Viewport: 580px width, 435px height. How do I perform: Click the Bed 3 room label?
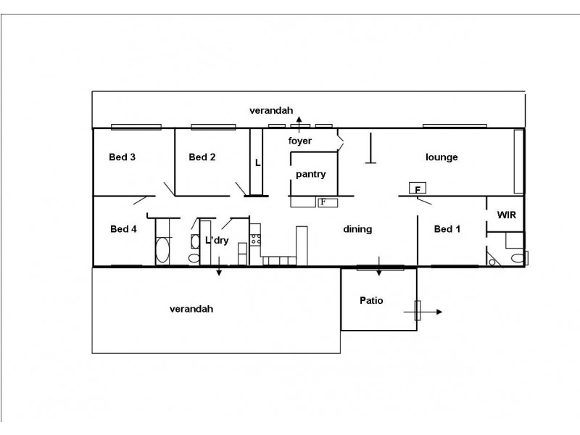(x=123, y=157)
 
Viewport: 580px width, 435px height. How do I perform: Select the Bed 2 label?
(x=202, y=157)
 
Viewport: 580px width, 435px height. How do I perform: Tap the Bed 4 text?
(x=123, y=229)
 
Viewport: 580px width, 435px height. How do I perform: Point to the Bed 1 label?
(x=447, y=229)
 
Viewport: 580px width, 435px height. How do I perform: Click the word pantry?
(x=311, y=174)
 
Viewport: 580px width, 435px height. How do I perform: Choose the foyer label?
(x=300, y=141)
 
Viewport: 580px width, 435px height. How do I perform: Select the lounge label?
(x=442, y=157)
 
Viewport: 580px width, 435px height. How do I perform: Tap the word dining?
(x=357, y=229)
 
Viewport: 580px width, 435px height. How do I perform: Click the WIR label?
(x=506, y=215)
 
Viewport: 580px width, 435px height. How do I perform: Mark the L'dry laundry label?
(x=217, y=241)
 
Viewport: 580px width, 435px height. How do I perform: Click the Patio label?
(x=371, y=299)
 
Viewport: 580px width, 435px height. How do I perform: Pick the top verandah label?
(x=271, y=111)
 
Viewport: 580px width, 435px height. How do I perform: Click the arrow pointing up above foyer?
(x=299, y=120)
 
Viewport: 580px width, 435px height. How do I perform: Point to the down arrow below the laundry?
(x=218, y=271)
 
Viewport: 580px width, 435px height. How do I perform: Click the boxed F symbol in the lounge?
(x=417, y=188)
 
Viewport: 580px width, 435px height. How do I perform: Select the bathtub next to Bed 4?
(x=162, y=252)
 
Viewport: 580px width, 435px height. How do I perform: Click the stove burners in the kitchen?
(x=255, y=236)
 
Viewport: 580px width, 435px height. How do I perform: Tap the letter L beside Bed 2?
(x=257, y=163)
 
